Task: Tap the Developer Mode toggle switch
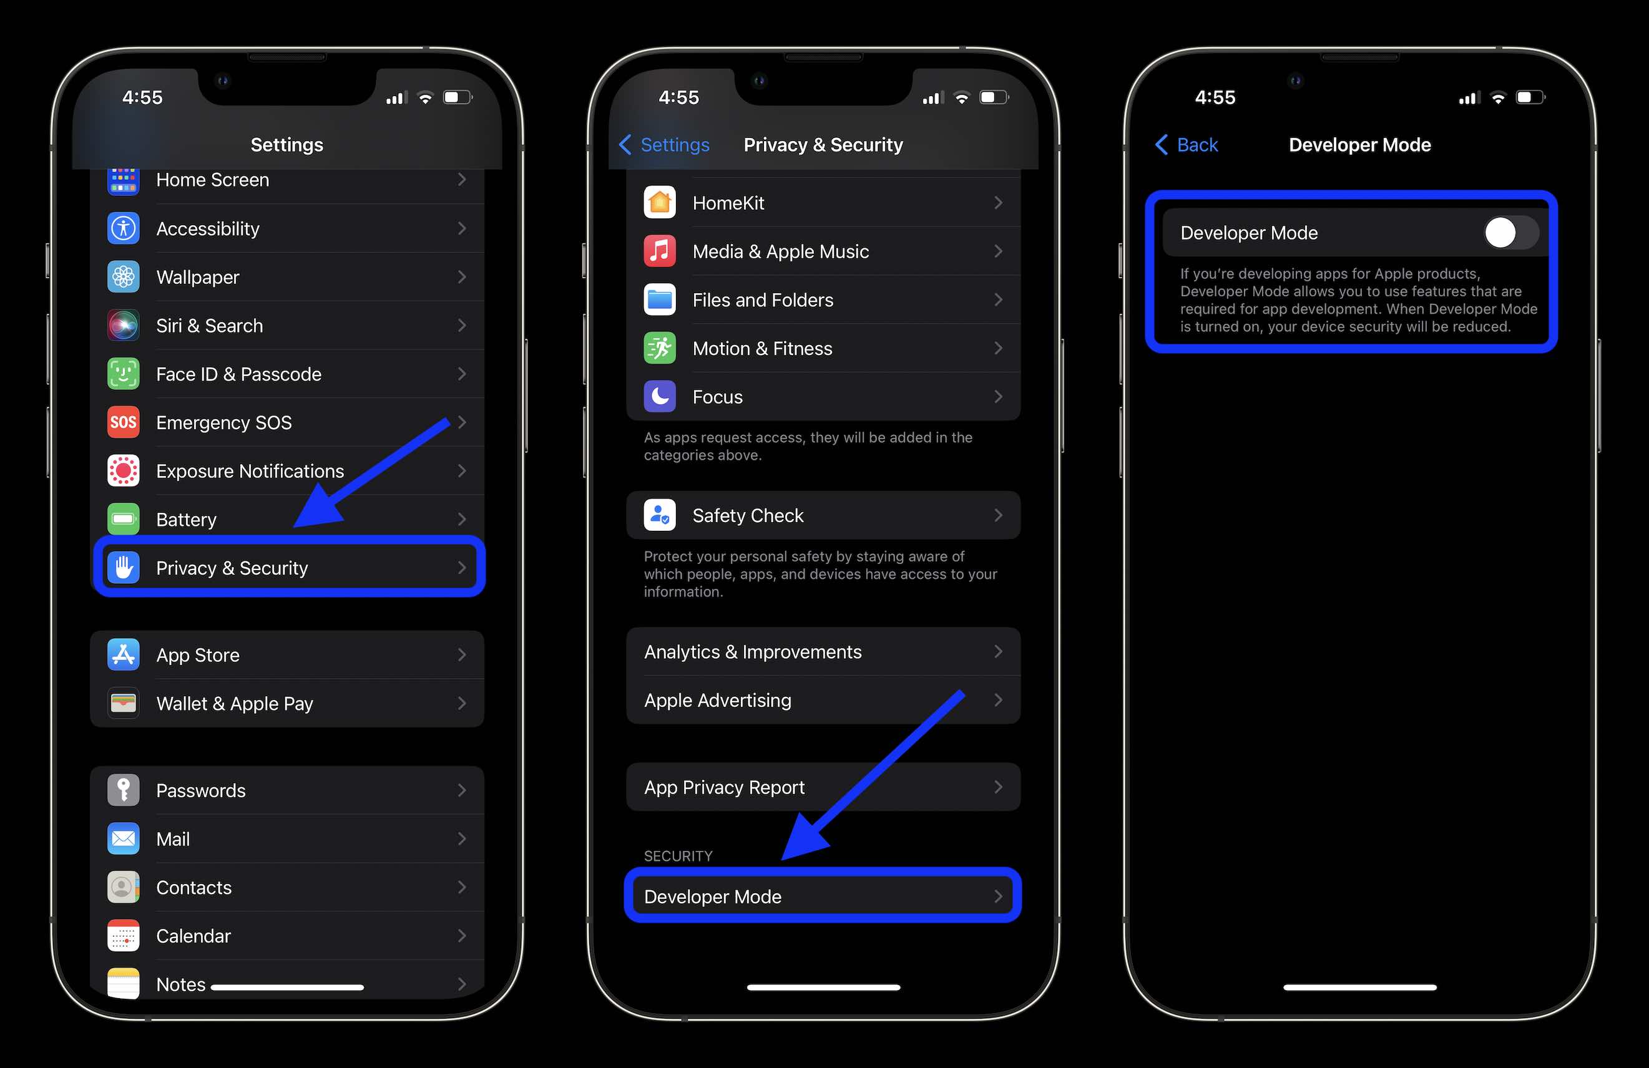coord(1510,233)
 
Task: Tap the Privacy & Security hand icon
coord(124,568)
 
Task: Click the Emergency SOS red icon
coord(124,422)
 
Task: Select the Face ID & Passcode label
coord(238,374)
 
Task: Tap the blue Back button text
coord(1196,145)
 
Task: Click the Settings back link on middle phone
coord(674,145)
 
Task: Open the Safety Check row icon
coord(660,515)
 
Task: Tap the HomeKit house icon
coord(660,203)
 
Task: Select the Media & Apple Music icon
coord(660,251)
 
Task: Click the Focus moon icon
coord(660,397)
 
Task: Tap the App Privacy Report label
coord(724,787)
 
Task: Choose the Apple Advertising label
coord(717,700)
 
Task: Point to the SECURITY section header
coord(678,856)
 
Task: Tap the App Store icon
coord(124,655)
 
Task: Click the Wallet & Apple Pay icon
coord(124,704)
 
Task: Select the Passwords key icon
coord(124,790)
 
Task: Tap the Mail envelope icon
coord(124,839)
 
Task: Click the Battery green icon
coord(124,520)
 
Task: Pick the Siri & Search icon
coord(124,326)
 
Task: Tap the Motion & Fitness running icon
coord(660,348)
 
